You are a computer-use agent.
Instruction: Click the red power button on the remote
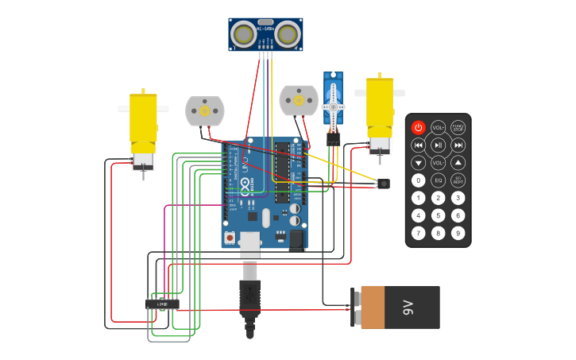pyautogui.click(x=418, y=127)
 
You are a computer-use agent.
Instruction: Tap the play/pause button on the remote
pyautogui.click(x=438, y=145)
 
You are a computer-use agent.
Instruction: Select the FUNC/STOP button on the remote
pyautogui.click(x=458, y=127)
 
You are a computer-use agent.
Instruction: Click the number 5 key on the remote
pyautogui.click(x=438, y=215)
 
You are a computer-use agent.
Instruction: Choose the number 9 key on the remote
pyautogui.click(x=458, y=233)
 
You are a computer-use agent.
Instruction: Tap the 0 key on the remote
pyautogui.click(x=418, y=180)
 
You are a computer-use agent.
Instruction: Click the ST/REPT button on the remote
pyautogui.click(x=458, y=180)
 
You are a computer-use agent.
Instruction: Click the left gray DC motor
pyautogui.click(x=204, y=111)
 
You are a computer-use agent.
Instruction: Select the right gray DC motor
pyautogui.click(x=299, y=101)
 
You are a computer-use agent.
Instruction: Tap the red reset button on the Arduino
pyautogui.click(x=230, y=237)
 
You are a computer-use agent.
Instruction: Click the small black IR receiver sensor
pyautogui.click(x=384, y=184)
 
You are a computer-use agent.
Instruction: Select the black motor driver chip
pyautogui.click(x=162, y=304)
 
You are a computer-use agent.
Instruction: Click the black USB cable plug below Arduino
pyautogui.click(x=249, y=298)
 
